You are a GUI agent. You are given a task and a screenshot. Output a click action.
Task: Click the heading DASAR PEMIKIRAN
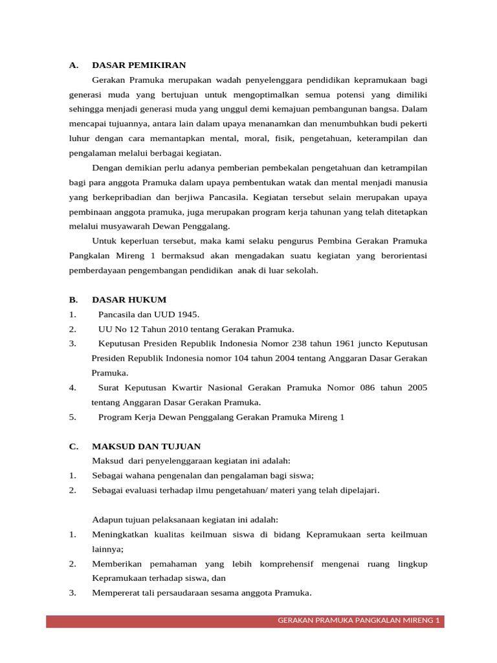pos(138,65)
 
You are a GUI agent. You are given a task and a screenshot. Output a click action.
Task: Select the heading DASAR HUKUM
pos(129,300)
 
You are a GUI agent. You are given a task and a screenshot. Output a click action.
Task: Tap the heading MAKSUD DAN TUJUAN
pos(146,446)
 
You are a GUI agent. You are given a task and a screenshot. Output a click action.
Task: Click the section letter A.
pos(73,65)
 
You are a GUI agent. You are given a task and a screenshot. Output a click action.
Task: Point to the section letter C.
pos(73,446)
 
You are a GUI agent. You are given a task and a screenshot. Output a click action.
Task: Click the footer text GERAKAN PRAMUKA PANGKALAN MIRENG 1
pos(359,621)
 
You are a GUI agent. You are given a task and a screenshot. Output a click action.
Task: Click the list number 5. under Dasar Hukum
pos(72,418)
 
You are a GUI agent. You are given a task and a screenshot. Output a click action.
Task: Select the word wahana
pos(141,475)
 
